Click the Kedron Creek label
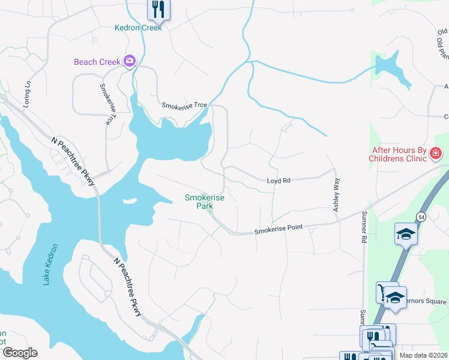(x=139, y=28)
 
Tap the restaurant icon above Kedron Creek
(x=158, y=9)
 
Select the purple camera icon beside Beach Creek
(x=129, y=61)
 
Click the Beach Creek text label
(x=97, y=62)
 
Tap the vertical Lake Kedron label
(x=53, y=264)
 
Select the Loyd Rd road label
(x=279, y=180)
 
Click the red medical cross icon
(x=435, y=155)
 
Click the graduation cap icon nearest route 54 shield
(x=406, y=234)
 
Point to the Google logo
(x=20, y=352)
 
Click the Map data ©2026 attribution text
(x=423, y=355)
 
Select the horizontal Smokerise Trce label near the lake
(x=184, y=105)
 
